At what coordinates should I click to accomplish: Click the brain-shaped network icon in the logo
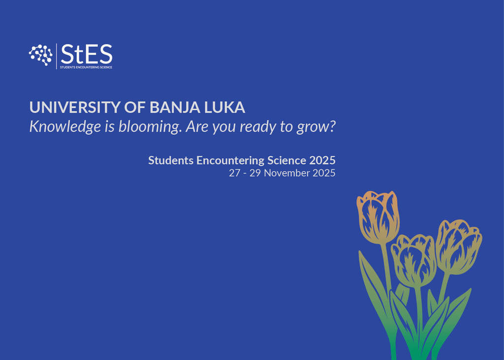40,55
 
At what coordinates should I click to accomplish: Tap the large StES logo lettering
87,54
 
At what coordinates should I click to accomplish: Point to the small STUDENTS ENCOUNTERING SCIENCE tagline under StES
86,67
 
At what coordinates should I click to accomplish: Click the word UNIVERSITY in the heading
75,107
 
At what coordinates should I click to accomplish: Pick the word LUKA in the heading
224,107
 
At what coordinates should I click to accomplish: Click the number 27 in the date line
234,173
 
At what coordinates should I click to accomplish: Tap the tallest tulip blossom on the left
378,217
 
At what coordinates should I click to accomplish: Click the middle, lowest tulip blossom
414,261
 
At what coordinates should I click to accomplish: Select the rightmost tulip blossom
458,246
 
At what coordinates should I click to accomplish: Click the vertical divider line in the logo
57,56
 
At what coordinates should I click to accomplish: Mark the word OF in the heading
135,107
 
